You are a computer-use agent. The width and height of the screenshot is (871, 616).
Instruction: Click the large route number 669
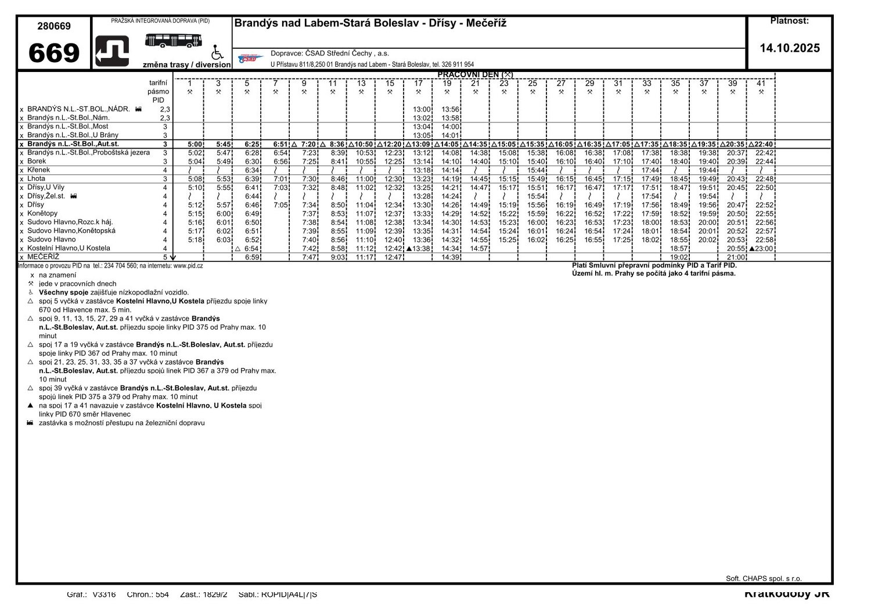[x=53, y=53]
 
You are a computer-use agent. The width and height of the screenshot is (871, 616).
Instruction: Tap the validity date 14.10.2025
[x=790, y=48]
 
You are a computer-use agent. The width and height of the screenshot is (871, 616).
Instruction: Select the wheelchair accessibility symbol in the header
[x=217, y=52]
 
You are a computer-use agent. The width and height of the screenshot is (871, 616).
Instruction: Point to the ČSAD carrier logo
[x=251, y=58]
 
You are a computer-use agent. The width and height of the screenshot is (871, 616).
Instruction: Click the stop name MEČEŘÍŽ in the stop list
[x=43, y=257]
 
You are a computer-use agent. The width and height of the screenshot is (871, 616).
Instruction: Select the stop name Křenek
[x=38, y=170]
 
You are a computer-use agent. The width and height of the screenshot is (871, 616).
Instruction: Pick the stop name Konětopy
[x=42, y=214]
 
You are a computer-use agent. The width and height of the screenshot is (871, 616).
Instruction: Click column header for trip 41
[x=761, y=84]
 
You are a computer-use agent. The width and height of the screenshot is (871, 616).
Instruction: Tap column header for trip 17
[x=418, y=84]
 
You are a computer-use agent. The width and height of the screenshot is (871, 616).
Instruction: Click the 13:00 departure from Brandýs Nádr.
[x=422, y=109]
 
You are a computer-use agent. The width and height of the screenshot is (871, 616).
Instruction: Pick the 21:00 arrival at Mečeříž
[x=736, y=257]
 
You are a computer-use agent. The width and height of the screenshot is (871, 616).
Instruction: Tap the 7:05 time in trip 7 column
[x=280, y=205]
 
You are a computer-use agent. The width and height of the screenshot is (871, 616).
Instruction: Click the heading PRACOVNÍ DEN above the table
[x=474, y=75]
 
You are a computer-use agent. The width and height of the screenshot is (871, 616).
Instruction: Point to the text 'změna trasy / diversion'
[x=186, y=65]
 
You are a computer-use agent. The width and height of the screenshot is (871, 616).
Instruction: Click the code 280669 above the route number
[x=54, y=26]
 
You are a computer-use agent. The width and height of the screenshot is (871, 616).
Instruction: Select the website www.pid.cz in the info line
[x=188, y=266]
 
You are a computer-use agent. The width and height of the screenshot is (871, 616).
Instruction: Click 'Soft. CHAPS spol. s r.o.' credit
[x=763, y=578]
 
